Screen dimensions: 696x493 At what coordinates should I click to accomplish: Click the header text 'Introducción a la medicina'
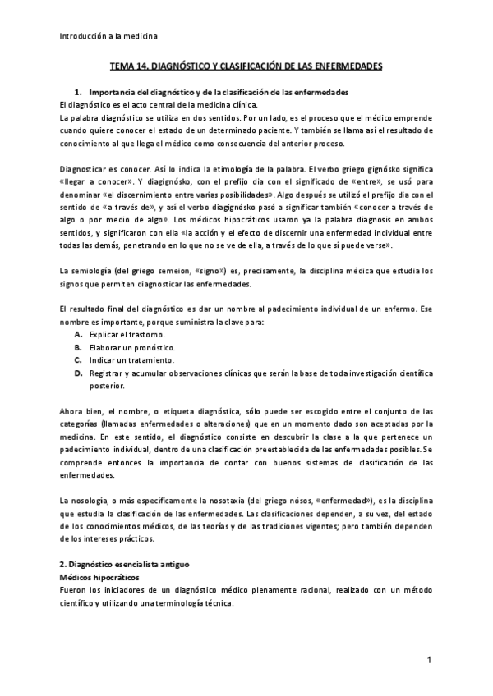coord(110,36)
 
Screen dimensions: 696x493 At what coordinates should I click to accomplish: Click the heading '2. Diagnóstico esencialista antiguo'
coord(131,566)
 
